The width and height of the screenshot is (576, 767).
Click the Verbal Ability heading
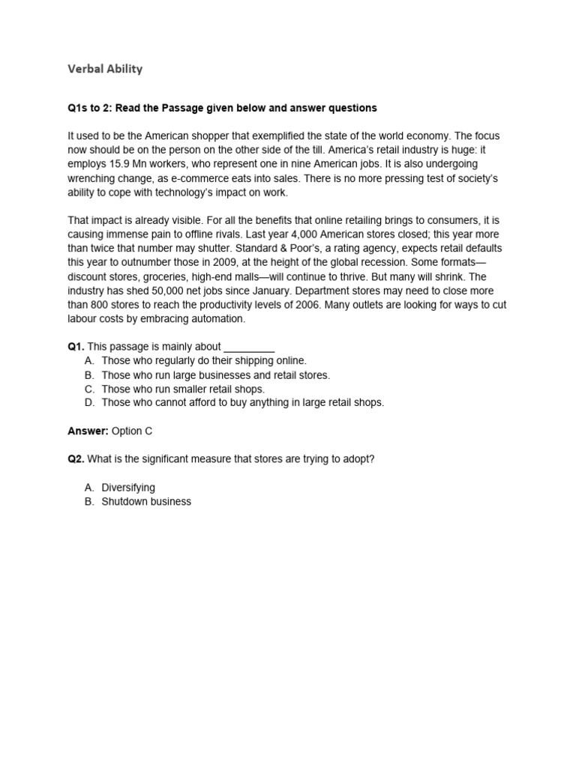105,69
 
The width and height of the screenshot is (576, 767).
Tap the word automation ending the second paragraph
217,319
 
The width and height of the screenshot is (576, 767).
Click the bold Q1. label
76,347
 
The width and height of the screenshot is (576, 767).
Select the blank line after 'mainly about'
250,347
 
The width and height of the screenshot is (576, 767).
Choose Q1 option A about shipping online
204,361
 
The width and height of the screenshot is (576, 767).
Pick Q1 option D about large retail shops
242,403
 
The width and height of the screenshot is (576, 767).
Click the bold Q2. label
76,459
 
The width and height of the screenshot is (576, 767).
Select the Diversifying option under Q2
128,488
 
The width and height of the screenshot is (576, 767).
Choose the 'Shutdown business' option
146,502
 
